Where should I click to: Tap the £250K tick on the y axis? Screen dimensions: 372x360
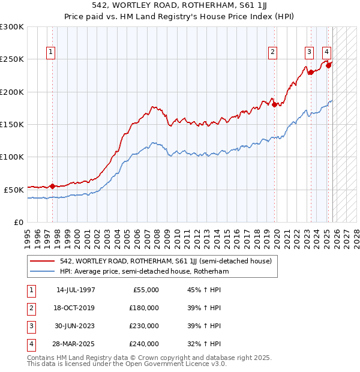point(13,59)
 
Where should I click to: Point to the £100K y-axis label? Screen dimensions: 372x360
point(13,157)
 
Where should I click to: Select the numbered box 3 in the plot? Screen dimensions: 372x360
point(309,52)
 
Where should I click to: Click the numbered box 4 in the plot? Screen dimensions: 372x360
point(326,52)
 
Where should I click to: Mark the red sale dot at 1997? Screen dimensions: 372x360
point(52,186)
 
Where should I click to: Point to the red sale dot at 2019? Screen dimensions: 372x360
point(275,105)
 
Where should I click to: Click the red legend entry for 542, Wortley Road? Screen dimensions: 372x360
point(166,261)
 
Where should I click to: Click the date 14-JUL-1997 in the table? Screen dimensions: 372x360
point(76,290)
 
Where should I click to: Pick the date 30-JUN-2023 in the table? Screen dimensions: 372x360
point(76,326)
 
